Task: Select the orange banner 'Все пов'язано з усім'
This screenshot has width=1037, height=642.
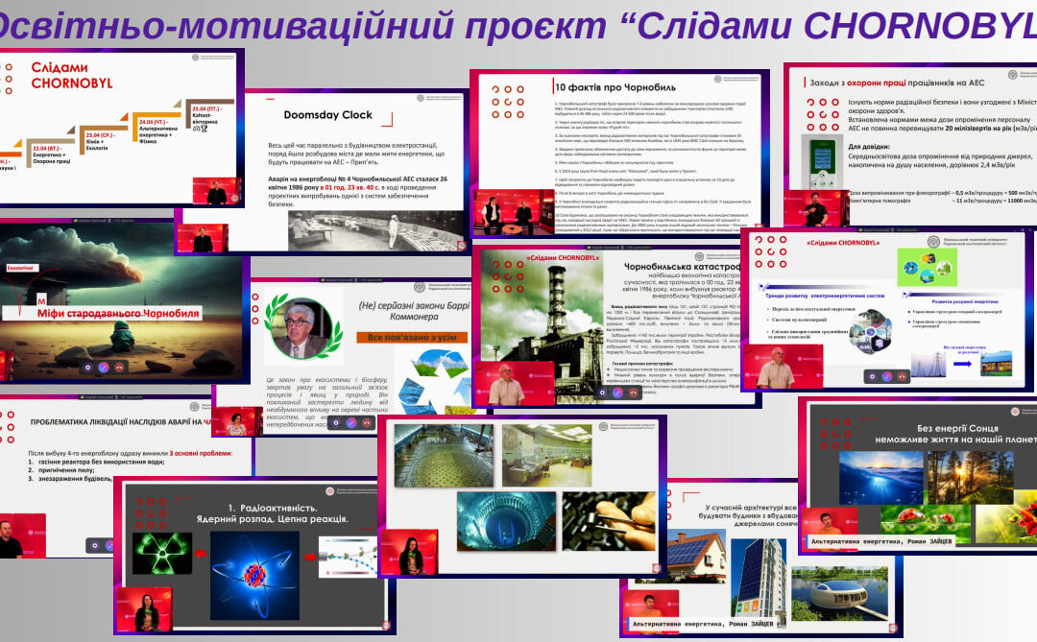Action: pos(408,337)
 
